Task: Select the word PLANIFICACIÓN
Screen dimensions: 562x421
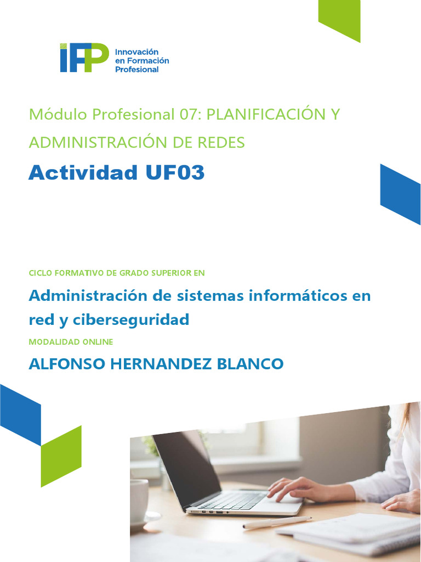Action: click(x=265, y=115)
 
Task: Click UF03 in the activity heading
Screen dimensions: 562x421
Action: click(x=175, y=173)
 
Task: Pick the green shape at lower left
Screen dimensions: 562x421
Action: click(x=61, y=456)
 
